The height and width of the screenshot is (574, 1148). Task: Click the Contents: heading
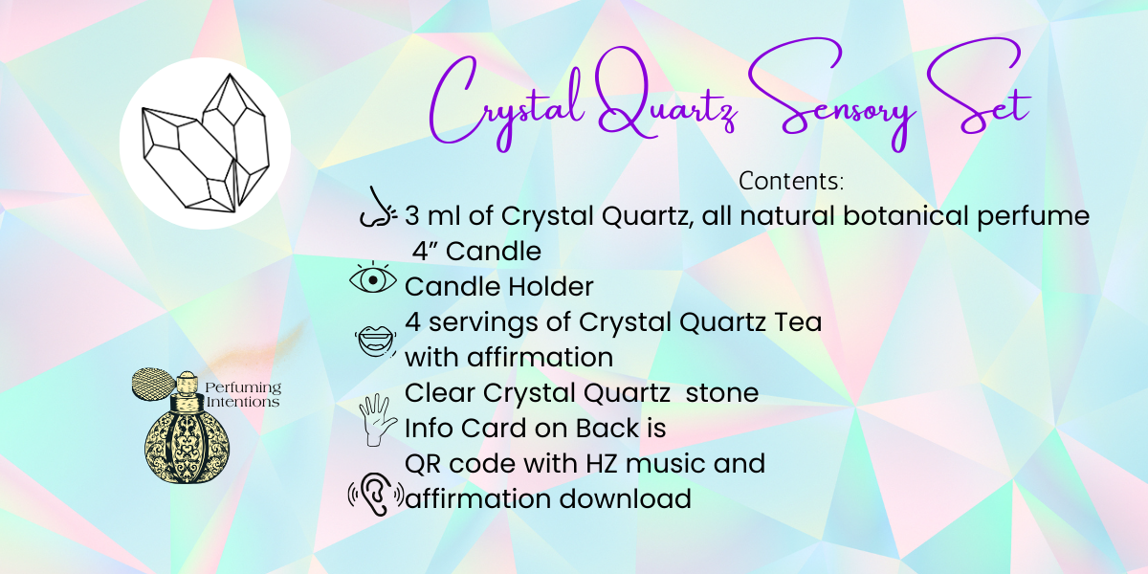(x=790, y=181)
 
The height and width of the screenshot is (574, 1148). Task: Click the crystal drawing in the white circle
(x=205, y=143)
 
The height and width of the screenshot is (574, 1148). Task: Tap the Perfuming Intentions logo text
(x=245, y=394)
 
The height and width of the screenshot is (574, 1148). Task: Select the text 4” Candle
(x=477, y=252)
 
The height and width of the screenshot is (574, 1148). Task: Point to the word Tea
(x=798, y=322)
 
